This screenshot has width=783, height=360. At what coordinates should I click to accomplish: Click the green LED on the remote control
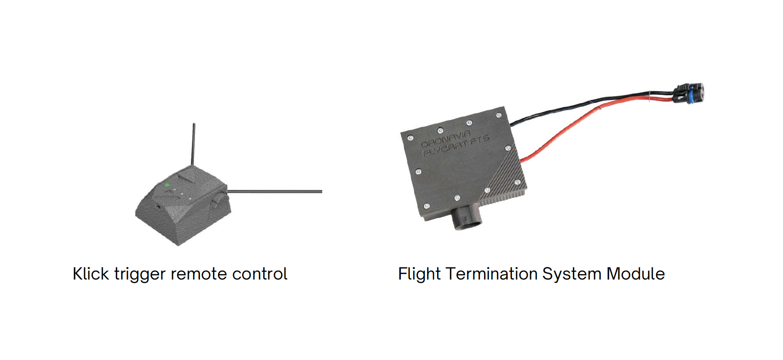tap(167, 185)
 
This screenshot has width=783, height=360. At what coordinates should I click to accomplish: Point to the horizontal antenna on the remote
tap(274, 191)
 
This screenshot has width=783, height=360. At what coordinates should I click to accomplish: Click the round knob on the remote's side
tap(217, 202)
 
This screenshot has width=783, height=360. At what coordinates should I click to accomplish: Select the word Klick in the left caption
tap(91, 273)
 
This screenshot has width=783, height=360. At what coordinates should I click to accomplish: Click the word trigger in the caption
tap(139, 274)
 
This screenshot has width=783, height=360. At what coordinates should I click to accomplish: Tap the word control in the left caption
tap(259, 273)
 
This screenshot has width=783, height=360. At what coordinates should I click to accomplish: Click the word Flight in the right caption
tap(419, 274)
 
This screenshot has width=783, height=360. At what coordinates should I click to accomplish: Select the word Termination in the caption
tap(492, 273)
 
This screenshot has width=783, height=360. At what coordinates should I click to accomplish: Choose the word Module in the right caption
tap(636, 273)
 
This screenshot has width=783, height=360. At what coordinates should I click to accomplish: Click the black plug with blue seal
tap(689, 93)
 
